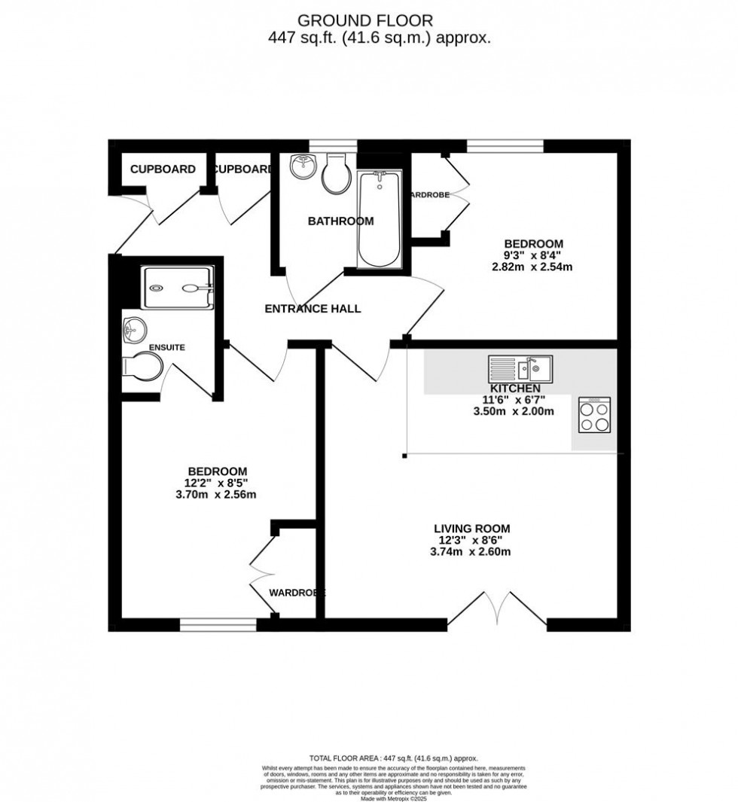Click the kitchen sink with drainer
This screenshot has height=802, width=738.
click(520, 369)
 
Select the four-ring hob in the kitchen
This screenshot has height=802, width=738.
click(594, 415)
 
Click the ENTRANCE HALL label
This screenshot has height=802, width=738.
click(313, 309)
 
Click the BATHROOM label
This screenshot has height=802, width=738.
click(340, 221)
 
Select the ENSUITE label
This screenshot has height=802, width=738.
click(166, 348)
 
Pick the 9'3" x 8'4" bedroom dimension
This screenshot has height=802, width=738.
click(534, 255)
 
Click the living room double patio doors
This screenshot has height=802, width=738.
click(496, 611)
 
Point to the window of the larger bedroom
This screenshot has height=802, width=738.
click(218, 624)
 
